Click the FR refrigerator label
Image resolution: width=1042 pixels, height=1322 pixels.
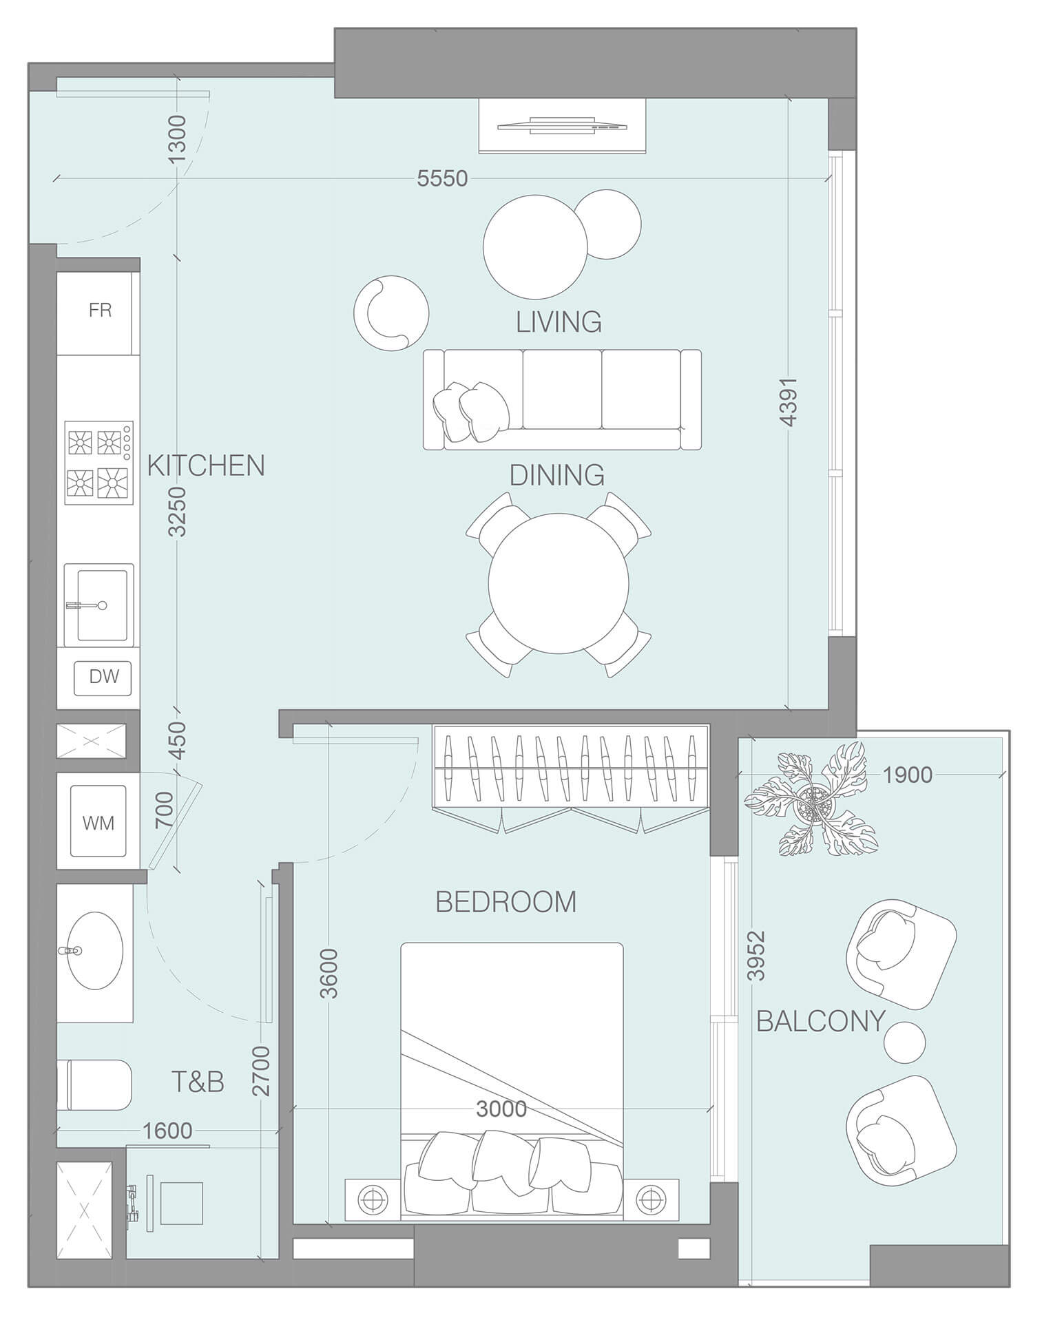pos(100,311)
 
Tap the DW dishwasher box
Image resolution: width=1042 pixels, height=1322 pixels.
pos(103,676)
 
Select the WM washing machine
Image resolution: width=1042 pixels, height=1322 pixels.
pos(98,822)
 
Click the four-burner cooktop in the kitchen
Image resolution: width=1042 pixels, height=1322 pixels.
pos(98,463)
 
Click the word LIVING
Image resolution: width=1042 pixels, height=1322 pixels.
pos(559,322)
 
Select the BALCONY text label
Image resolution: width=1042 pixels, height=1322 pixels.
pos(820,1020)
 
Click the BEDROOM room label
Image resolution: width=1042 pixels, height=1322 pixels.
pos(506,901)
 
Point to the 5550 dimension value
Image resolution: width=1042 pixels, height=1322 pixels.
pos(442,178)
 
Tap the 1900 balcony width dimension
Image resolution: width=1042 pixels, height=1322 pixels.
pos(907,775)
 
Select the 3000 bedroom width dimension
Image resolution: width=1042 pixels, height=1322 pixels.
pos(501,1109)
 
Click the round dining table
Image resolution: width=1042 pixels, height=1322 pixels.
pos(559,583)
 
